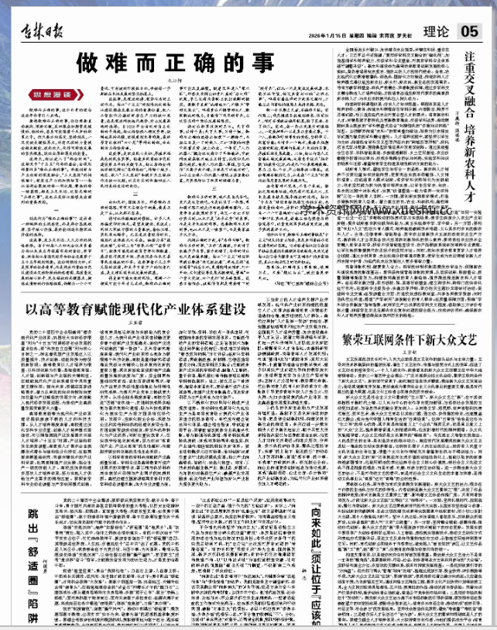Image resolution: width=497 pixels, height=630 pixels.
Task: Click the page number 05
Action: [468, 31]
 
